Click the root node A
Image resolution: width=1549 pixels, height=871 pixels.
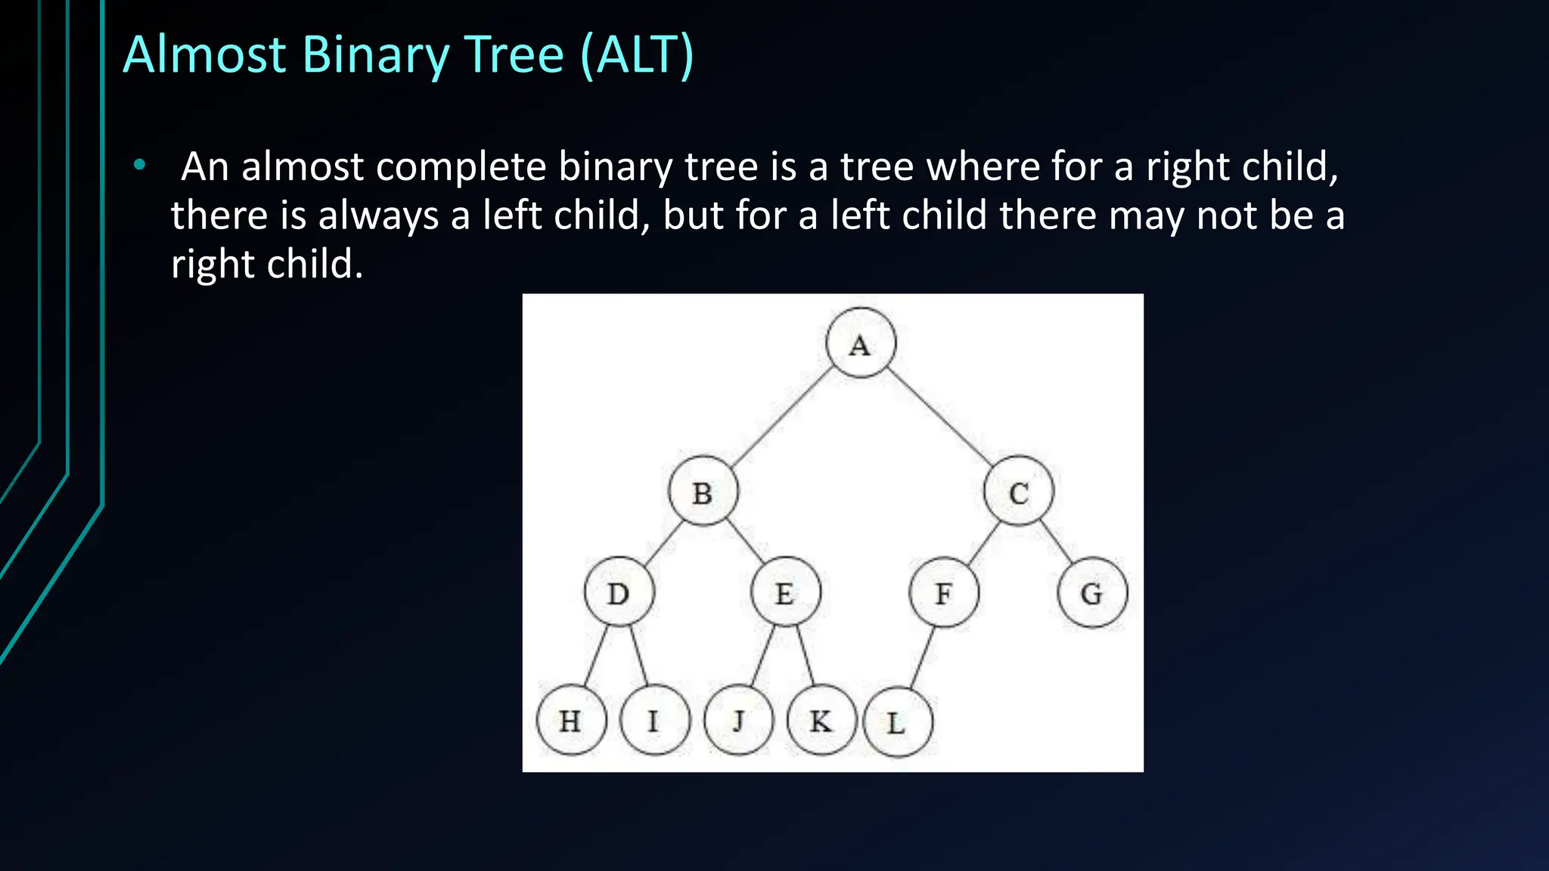(861, 343)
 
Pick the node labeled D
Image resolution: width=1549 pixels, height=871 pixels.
(619, 592)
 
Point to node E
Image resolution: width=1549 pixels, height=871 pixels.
(785, 592)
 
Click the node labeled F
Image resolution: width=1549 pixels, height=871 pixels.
(944, 592)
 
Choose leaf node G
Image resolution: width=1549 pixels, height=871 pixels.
(1092, 592)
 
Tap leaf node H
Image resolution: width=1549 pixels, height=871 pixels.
(571, 720)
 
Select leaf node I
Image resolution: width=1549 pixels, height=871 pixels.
(654, 720)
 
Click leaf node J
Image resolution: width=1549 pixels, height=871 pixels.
(739, 720)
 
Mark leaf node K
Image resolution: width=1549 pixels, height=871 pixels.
(821, 720)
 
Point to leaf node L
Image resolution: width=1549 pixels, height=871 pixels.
(898, 722)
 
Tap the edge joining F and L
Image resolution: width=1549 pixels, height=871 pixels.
(922, 656)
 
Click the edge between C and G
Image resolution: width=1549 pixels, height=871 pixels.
(1057, 541)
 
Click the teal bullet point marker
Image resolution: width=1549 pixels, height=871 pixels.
(139, 165)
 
